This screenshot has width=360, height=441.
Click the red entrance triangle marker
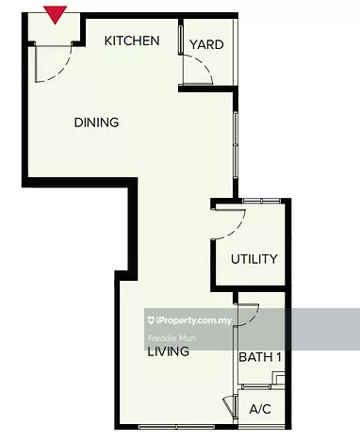click(x=56, y=14)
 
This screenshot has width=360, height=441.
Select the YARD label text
click(x=206, y=44)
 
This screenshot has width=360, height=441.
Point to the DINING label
click(x=97, y=122)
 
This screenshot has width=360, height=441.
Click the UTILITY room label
click(x=254, y=259)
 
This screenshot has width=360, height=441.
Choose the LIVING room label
click(x=168, y=351)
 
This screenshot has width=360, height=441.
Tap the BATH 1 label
click(x=260, y=357)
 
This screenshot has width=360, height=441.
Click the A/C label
click(x=260, y=411)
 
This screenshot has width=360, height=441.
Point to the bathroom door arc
click(x=248, y=316)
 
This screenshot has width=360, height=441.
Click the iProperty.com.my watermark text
click(x=193, y=320)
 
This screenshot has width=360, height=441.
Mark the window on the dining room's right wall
click(x=235, y=141)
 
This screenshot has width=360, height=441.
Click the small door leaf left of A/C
click(x=229, y=408)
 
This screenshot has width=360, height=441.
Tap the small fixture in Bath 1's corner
click(x=277, y=378)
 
